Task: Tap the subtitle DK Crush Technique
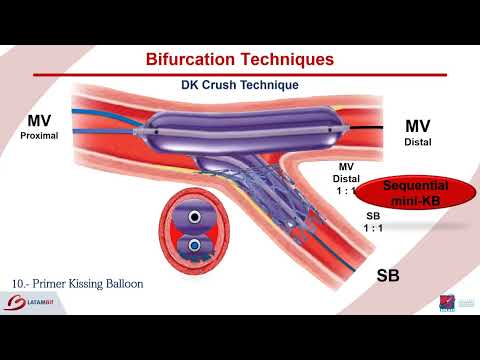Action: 239,86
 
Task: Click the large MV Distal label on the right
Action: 417,133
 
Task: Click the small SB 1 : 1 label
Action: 373,221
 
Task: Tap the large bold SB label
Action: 388,274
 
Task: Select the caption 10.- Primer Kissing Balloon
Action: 79,284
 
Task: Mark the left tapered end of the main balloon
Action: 151,126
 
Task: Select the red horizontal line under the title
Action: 239,75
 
